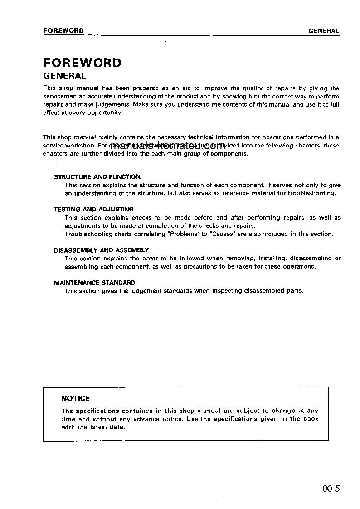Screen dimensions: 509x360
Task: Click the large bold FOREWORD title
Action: (82, 63)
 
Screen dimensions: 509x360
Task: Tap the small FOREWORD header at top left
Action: (63, 31)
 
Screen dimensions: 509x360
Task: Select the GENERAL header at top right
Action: (324, 31)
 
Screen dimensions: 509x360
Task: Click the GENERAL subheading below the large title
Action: (64, 76)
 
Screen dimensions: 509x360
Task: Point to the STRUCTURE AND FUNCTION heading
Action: (97, 177)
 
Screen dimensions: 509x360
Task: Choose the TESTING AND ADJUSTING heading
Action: (94, 209)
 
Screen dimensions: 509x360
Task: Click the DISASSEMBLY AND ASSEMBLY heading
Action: (101, 250)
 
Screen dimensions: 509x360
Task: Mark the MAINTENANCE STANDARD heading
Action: (94, 283)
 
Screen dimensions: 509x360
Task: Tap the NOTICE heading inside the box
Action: (75, 398)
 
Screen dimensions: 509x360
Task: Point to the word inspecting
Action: (228, 291)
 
